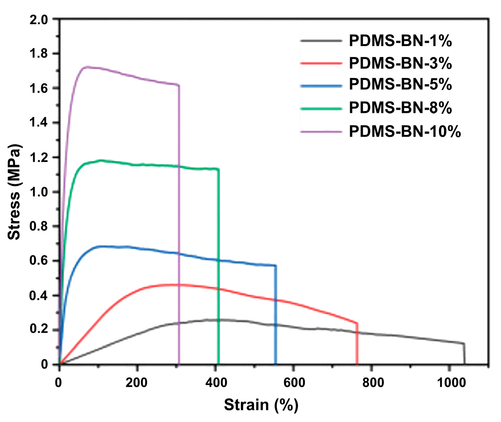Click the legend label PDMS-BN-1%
(400, 41)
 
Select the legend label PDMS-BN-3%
(400, 63)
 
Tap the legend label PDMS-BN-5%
(400, 84)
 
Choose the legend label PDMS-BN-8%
(400, 108)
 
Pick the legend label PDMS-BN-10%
(405, 131)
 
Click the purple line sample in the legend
(321, 132)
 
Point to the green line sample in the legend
(321, 108)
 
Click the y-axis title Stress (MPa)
(14, 192)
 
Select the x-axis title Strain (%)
(261, 405)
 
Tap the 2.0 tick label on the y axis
(39, 20)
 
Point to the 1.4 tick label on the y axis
(39, 123)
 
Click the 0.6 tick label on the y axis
(39, 261)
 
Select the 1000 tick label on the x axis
(451, 383)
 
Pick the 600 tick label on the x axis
(294, 383)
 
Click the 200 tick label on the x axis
(136, 383)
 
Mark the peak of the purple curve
(87, 67)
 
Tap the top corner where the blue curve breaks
(275, 265)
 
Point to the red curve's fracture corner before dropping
(357, 323)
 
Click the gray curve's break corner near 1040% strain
(464, 343)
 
